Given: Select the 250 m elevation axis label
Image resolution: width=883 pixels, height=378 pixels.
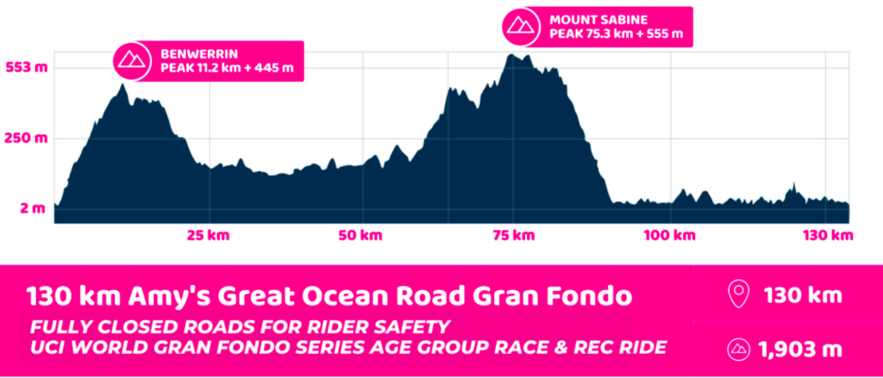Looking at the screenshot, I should (x=26, y=139).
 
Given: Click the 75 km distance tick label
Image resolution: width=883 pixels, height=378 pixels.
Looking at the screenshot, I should (x=513, y=235).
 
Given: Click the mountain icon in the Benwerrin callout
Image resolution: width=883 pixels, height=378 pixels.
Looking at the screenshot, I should (x=131, y=59).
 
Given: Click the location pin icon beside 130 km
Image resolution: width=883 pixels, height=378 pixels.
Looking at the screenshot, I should (x=737, y=295).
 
